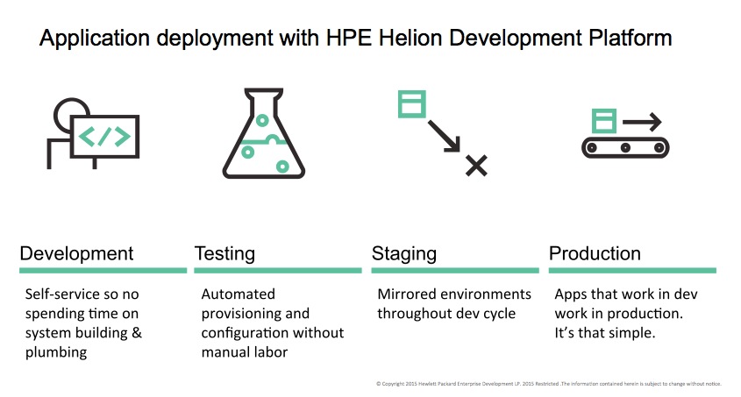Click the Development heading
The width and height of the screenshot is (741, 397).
(x=76, y=254)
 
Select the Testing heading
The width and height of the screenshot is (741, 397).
(x=224, y=254)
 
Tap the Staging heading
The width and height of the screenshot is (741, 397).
(x=404, y=254)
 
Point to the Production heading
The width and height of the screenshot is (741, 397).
(x=595, y=254)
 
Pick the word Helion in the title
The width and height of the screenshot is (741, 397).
(x=410, y=38)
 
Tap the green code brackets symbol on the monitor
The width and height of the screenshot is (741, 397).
(x=104, y=137)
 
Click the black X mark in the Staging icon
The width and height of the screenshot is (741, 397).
(x=476, y=166)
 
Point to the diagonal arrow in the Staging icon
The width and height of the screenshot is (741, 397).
(x=445, y=137)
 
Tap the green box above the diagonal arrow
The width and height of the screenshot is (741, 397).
(x=412, y=104)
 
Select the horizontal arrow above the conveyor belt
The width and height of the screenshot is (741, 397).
(x=642, y=122)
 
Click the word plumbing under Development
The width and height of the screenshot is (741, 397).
(x=56, y=352)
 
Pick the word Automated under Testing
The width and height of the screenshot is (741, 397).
(x=239, y=294)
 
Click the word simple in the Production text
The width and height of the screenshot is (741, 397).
(x=633, y=333)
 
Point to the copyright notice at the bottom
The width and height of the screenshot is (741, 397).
(x=549, y=384)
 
